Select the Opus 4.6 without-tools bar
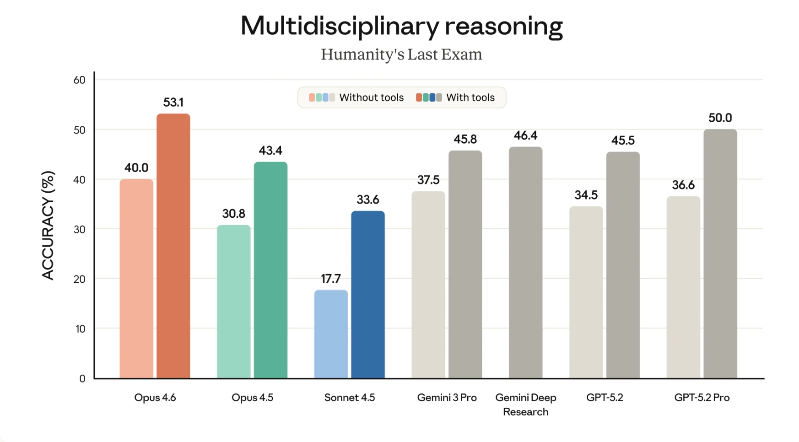point(136,279)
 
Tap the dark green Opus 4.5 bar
point(270,270)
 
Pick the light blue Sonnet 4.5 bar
point(331,334)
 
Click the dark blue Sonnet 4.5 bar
point(368,295)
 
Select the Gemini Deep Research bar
point(525,263)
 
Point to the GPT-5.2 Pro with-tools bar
point(720,254)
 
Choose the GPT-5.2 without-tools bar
point(586,292)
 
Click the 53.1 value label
point(173,102)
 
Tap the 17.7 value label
point(331,279)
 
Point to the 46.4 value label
point(525,135)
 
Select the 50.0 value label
point(720,118)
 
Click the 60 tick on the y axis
point(80,80)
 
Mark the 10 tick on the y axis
point(80,329)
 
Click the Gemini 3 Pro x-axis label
point(447,398)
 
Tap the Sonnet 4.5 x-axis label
point(350,398)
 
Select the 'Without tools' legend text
point(371,97)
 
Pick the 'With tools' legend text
point(470,97)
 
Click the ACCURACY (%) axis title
point(48,225)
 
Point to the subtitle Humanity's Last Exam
point(401,54)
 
